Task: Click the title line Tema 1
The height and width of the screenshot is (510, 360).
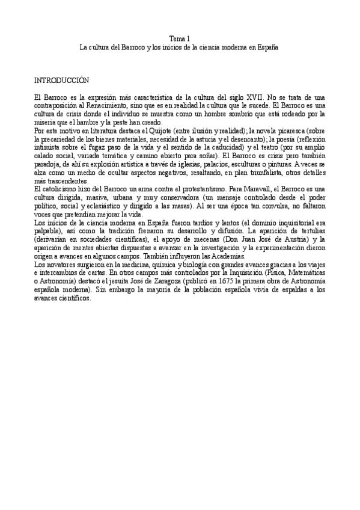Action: (x=180, y=38)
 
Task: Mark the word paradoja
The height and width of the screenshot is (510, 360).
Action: (x=49, y=164)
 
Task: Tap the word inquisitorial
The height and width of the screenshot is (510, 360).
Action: (x=293, y=223)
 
